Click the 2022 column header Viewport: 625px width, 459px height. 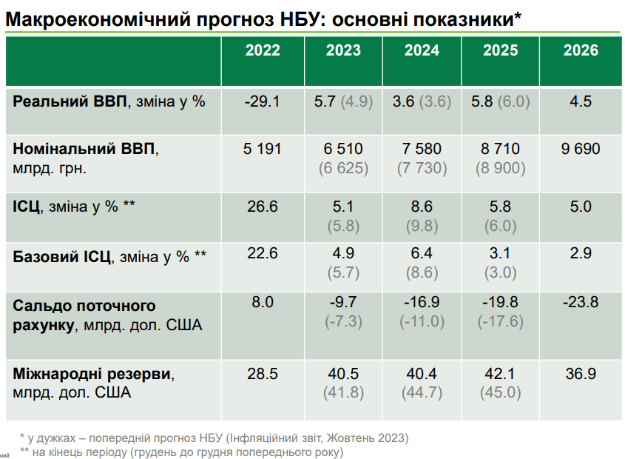(263, 51)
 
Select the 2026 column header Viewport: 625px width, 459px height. (581, 51)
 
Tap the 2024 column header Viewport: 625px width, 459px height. (422, 51)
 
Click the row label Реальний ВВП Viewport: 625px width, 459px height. (70, 102)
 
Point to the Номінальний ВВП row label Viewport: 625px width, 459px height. (84, 150)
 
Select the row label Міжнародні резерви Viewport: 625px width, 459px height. (92, 375)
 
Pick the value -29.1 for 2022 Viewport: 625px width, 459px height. (263, 102)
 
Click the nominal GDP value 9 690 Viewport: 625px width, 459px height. (581, 150)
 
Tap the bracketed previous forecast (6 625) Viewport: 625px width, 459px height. (343, 168)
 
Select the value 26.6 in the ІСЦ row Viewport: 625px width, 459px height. (263, 207)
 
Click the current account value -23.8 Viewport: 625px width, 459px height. (581, 302)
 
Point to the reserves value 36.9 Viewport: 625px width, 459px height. (581, 375)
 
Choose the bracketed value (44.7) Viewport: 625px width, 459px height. (422, 393)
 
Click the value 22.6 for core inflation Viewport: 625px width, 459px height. (263, 254)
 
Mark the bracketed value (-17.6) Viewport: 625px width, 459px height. (501, 321)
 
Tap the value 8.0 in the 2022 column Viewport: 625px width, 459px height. (263, 302)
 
